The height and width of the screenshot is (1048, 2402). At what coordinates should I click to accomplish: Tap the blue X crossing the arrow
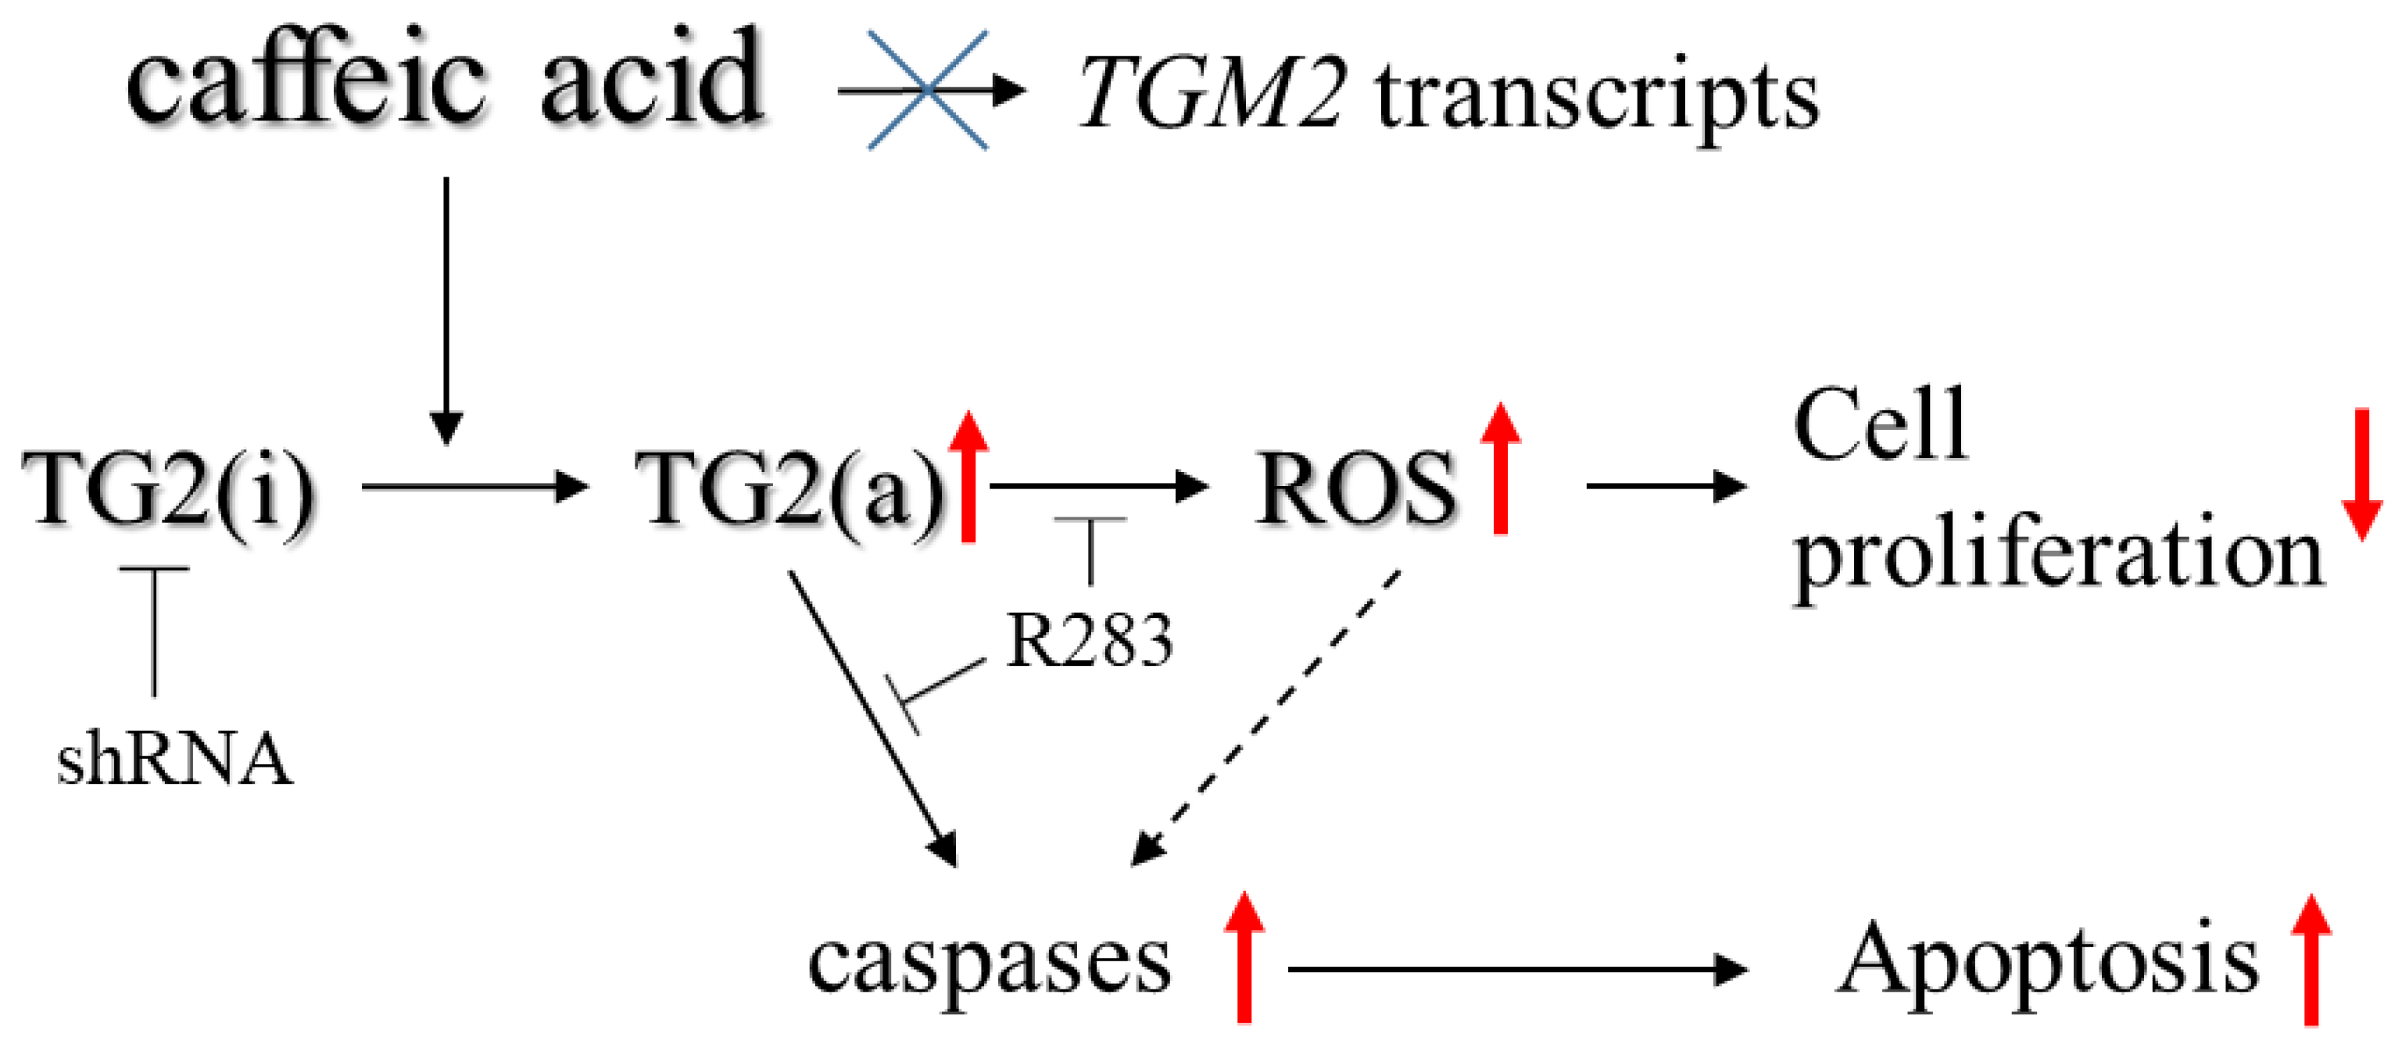coord(927,91)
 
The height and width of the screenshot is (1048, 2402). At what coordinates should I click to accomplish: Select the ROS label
coord(1356,489)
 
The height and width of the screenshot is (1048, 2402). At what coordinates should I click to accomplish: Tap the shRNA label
coord(174,759)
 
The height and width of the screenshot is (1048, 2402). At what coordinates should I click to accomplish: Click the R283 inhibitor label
coord(1089,642)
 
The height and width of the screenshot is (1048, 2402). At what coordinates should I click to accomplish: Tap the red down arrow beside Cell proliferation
coord(2362,475)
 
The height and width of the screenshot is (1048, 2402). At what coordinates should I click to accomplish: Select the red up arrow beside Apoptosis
coord(2311,960)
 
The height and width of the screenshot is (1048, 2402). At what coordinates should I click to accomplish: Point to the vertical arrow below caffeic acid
coord(446,308)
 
